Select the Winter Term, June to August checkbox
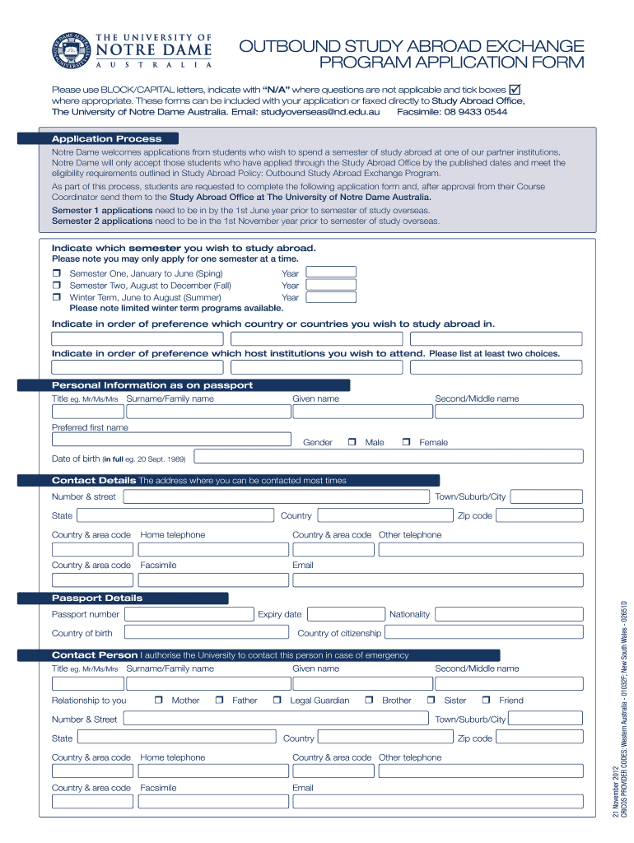pyautogui.click(x=57, y=297)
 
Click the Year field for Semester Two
pyautogui.click(x=331, y=285)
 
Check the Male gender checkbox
pyautogui.click(x=352, y=442)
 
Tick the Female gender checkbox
pyautogui.click(x=406, y=442)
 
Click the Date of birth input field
pyautogui.click(x=388, y=457)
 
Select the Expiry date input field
pyautogui.click(x=346, y=613)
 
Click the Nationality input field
pyautogui.click(x=509, y=613)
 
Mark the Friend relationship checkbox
pyautogui.click(x=486, y=701)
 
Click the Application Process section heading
pyautogui.click(x=107, y=138)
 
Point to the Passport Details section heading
pyautogui.click(x=97, y=598)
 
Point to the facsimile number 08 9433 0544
pyautogui.click(x=478, y=112)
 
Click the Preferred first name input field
pyautogui.click(x=171, y=440)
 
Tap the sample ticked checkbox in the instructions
pyautogui.click(x=518, y=89)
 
